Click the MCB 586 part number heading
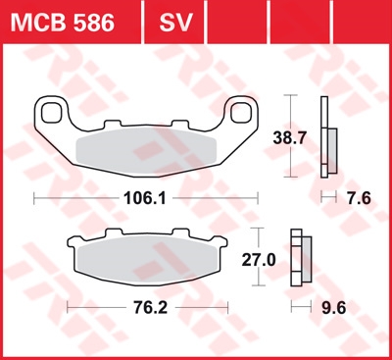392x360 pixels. tap(63, 23)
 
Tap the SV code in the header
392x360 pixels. tap(175, 23)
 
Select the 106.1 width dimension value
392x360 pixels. tap(145, 198)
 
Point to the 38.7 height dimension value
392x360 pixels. tap(289, 138)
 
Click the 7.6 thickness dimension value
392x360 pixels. tap(359, 198)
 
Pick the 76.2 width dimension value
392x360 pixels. tap(151, 308)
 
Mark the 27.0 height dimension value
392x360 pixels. tap(259, 260)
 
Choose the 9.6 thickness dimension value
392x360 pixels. tap(334, 308)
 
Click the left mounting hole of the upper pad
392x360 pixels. tap(52, 113)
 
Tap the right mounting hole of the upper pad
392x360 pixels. tap(241, 113)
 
